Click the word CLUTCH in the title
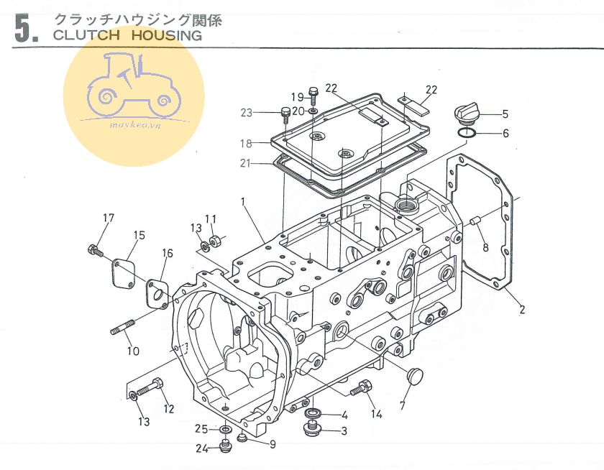point(80,34)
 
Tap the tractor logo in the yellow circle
point(134,90)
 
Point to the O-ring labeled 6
point(466,132)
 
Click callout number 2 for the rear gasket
point(522,310)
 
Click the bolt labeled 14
point(360,390)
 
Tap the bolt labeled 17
point(93,250)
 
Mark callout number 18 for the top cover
point(245,143)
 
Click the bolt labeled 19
point(314,94)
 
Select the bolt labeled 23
point(285,114)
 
